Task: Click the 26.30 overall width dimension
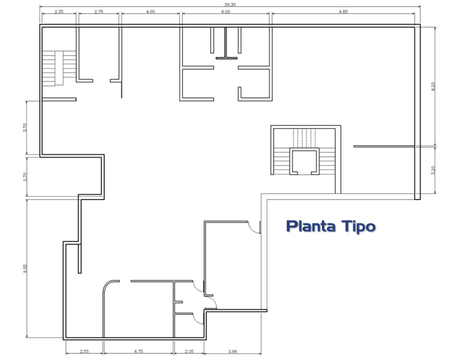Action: [x=230, y=4]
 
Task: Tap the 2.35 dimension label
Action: [x=59, y=12]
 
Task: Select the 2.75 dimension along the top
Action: [x=99, y=12]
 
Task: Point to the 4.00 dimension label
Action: [x=150, y=12]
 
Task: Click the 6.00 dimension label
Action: [x=226, y=12]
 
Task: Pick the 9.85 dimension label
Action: [x=343, y=12]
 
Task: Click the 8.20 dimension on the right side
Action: [x=433, y=87]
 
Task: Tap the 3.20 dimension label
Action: [x=433, y=170]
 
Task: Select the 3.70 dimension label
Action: [x=25, y=128]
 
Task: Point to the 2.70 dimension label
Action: [x=25, y=177]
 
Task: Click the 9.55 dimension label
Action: [x=25, y=268]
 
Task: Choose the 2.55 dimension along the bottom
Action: [x=84, y=352]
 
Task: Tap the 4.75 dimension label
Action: [x=138, y=352]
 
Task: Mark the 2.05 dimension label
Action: [x=189, y=352]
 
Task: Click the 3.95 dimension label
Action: [x=233, y=352]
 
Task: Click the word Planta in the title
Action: [x=311, y=227]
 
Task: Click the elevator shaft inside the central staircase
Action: [x=304, y=161]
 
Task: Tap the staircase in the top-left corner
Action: [x=59, y=68]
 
